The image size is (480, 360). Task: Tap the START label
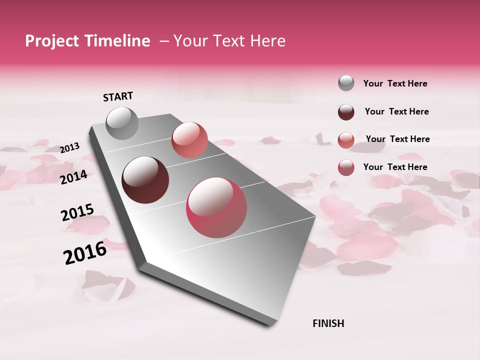pyautogui.click(x=118, y=96)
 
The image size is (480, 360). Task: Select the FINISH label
pyautogui.click(x=328, y=323)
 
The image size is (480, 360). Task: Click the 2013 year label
pyautogui.click(x=70, y=148)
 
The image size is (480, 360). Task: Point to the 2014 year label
pyautogui.click(x=74, y=177)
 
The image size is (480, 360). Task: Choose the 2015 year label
pyautogui.click(x=77, y=212)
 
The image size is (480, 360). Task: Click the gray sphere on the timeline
pyautogui.click(x=122, y=123)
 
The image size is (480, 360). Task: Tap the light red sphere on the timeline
pyautogui.click(x=189, y=139)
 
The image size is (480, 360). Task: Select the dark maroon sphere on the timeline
pyautogui.click(x=145, y=180)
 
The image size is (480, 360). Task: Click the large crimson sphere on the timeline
pyautogui.click(x=216, y=207)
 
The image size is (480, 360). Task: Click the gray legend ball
pyautogui.click(x=346, y=83)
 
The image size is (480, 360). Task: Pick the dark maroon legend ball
pyautogui.click(x=346, y=112)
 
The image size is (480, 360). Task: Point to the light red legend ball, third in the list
pyautogui.click(x=346, y=140)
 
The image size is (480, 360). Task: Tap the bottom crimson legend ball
pyautogui.click(x=346, y=167)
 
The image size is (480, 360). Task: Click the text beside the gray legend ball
pyautogui.click(x=395, y=84)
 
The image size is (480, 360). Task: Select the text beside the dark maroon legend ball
pyautogui.click(x=396, y=111)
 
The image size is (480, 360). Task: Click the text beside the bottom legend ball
pyautogui.click(x=395, y=167)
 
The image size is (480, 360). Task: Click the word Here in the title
pyautogui.click(x=267, y=41)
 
